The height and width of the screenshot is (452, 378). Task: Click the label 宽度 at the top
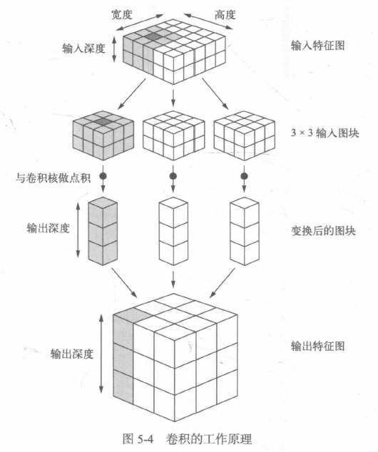[122, 14]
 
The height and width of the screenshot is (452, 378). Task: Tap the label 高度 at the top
[225, 14]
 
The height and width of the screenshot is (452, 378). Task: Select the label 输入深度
[83, 48]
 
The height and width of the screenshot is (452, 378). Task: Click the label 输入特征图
[318, 45]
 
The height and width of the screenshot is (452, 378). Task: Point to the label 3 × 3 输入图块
[325, 133]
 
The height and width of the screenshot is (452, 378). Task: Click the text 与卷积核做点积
[53, 178]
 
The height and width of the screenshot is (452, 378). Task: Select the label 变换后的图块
[323, 231]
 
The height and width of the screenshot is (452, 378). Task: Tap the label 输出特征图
[318, 346]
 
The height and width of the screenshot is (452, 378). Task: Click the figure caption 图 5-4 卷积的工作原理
[187, 439]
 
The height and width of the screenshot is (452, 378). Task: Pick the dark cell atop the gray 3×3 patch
[103, 122]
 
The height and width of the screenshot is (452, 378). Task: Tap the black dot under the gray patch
[103, 176]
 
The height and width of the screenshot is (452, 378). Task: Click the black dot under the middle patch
[173, 176]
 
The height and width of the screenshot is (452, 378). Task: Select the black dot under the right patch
[244, 176]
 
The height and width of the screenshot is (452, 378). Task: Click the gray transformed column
[103, 231]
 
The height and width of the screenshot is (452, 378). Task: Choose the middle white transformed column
[173, 231]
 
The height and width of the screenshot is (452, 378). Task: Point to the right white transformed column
[244, 231]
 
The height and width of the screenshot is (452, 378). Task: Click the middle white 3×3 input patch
[173, 135]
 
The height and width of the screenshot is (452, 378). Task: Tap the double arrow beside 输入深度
[114, 49]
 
